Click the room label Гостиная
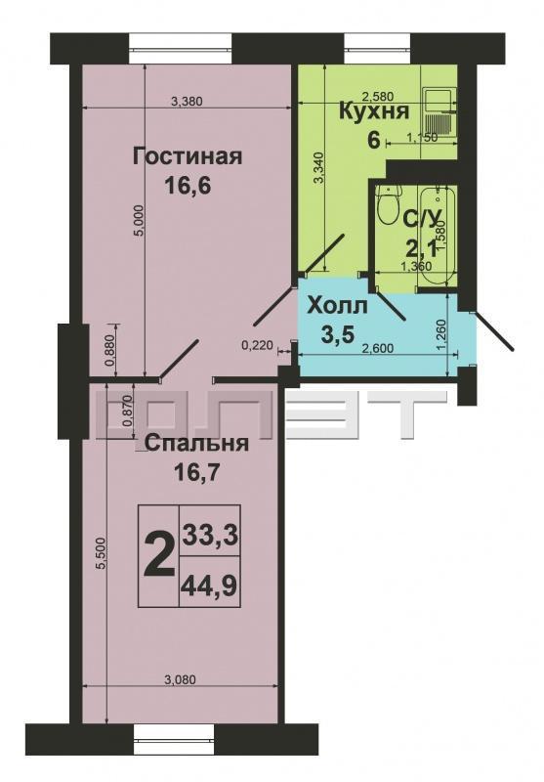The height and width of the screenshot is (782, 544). pyautogui.click(x=188, y=157)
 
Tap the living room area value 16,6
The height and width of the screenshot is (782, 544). pyautogui.click(x=188, y=187)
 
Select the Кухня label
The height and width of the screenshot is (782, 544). pyautogui.click(x=374, y=111)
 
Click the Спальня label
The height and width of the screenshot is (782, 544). pyautogui.click(x=197, y=443)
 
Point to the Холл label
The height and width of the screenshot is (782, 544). pyautogui.click(x=337, y=306)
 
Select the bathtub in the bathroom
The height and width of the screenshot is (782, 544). pyautogui.click(x=436, y=237)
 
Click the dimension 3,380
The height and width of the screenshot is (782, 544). pyautogui.click(x=187, y=102)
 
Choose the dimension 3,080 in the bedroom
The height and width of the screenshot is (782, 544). pyautogui.click(x=180, y=679)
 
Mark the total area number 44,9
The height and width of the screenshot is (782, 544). pyautogui.click(x=209, y=586)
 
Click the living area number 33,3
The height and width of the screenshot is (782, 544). pyautogui.click(x=209, y=536)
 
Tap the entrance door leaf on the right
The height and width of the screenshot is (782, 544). pyautogui.click(x=493, y=331)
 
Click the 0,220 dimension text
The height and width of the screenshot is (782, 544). pyautogui.click(x=258, y=344)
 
